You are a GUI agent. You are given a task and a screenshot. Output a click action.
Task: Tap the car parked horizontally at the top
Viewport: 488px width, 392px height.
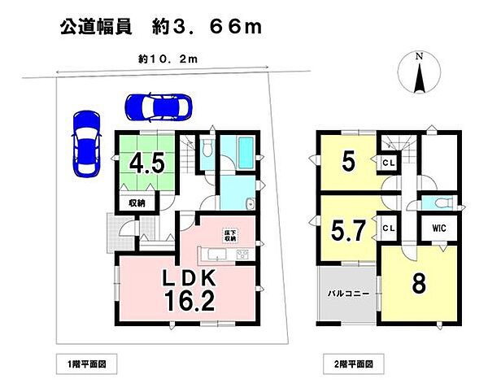(x=158, y=106)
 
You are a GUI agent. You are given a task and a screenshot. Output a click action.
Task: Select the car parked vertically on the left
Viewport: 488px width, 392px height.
(x=85, y=143)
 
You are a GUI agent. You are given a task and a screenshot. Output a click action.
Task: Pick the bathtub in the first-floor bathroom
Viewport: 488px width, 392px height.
(x=243, y=151)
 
